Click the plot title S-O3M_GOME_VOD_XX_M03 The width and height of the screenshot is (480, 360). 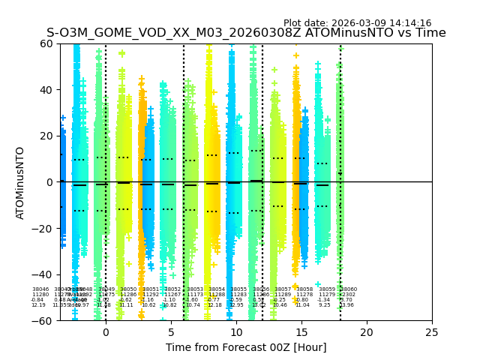coord(246,33)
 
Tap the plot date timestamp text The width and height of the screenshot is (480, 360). coord(357,23)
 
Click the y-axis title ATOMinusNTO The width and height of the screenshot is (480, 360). coord(20,182)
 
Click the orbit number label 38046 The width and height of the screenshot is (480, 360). coord(40,289)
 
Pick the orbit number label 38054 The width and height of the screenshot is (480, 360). coord(217,289)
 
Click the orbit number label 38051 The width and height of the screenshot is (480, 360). coord(151,289)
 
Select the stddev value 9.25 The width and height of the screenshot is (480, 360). coord(325,305)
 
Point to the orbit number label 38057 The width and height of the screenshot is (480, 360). coord(283,289)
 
